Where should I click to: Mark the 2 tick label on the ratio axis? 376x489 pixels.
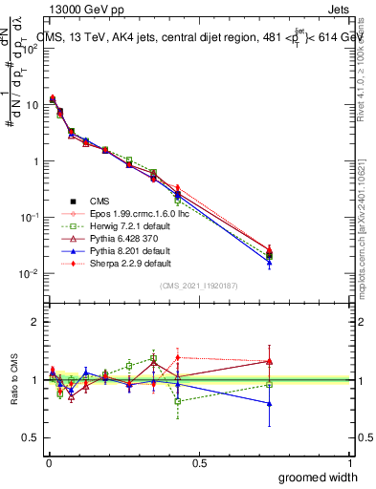tap(35, 322)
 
